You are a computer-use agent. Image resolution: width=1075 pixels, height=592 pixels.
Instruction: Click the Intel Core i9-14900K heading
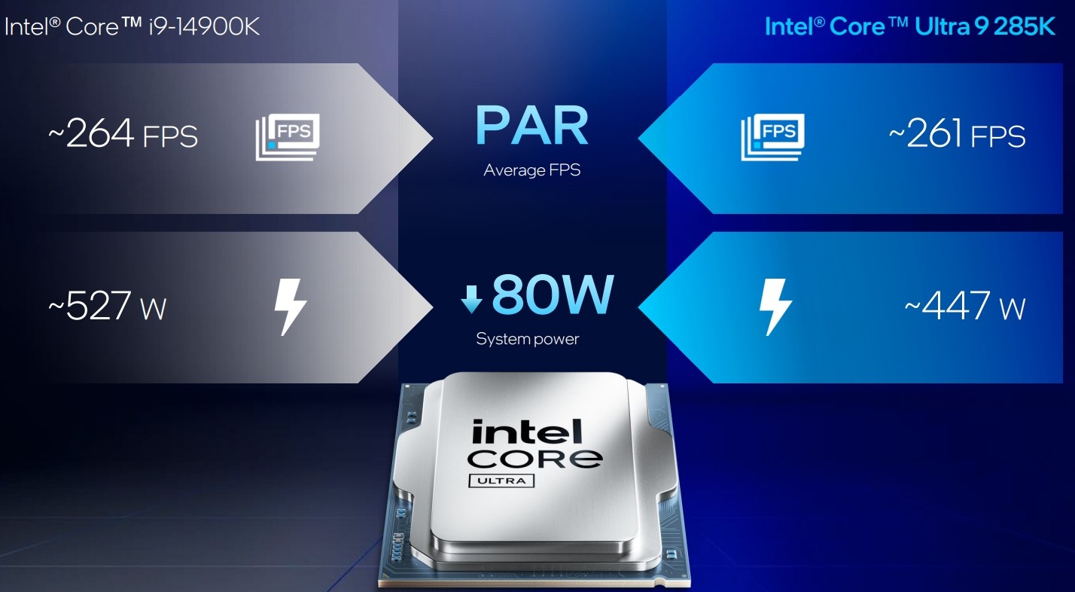click(x=132, y=26)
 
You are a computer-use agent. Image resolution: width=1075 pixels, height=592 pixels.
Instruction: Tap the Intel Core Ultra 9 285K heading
click(x=910, y=26)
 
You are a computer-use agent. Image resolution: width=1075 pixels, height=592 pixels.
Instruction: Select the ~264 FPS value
click(x=123, y=133)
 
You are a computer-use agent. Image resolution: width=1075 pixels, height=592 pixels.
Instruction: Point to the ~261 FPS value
click(x=957, y=133)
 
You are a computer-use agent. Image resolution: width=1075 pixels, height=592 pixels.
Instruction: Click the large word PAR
click(x=531, y=125)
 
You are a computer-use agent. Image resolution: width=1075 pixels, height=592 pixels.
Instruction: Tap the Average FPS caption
click(x=531, y=170)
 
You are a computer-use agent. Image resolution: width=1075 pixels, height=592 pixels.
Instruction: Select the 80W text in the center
click(x=553, y=294)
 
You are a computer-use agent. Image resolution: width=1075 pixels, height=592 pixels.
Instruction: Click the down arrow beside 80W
click(x=471, y=300)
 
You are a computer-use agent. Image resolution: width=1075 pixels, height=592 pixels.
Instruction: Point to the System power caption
click(x=528, y=339)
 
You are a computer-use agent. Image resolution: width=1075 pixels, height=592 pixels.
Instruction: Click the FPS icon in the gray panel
click(x=288, y=137)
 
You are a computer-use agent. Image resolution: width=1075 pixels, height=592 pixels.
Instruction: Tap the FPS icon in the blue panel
click(x=772, y=137)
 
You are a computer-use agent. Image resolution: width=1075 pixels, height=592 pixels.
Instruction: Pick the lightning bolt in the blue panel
click(x=775, y=307)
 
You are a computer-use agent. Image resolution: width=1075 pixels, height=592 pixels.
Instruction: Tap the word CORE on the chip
click(x=534, y=459)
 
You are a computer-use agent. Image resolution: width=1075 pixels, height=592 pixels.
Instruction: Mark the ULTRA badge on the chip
click(x=501, y=481)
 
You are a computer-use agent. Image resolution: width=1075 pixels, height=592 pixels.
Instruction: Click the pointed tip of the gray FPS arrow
click(x=433, y=139)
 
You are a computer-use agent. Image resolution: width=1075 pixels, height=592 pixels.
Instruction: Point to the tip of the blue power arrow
click(x=638, y=307)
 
